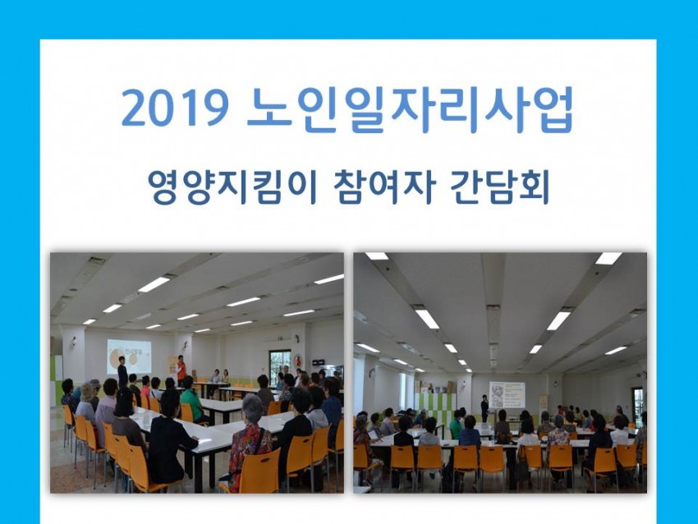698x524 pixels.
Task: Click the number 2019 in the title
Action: tap(175, 108)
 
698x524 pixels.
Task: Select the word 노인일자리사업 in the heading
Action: tap(410, 108)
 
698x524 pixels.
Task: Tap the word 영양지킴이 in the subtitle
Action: tap(232, 187)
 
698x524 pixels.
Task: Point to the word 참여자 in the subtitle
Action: tap(383, 187)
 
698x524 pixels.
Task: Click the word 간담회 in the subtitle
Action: tap(500, 187)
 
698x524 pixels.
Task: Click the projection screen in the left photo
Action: tap(129, 356)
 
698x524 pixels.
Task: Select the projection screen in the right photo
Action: tap(507, 394)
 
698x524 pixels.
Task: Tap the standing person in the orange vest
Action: tap(181, 370)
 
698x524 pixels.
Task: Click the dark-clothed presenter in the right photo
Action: tap(484, 408)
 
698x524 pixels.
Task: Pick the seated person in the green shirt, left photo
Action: tap(191, 398)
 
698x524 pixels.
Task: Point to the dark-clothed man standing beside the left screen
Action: tap(122, 372)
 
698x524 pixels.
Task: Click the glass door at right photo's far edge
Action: tap(639, 406)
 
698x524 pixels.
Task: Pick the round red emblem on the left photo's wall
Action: tap(299, 360)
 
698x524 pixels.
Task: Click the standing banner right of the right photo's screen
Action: tap(544, 407)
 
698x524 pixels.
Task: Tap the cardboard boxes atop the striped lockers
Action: tap(433, 387)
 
